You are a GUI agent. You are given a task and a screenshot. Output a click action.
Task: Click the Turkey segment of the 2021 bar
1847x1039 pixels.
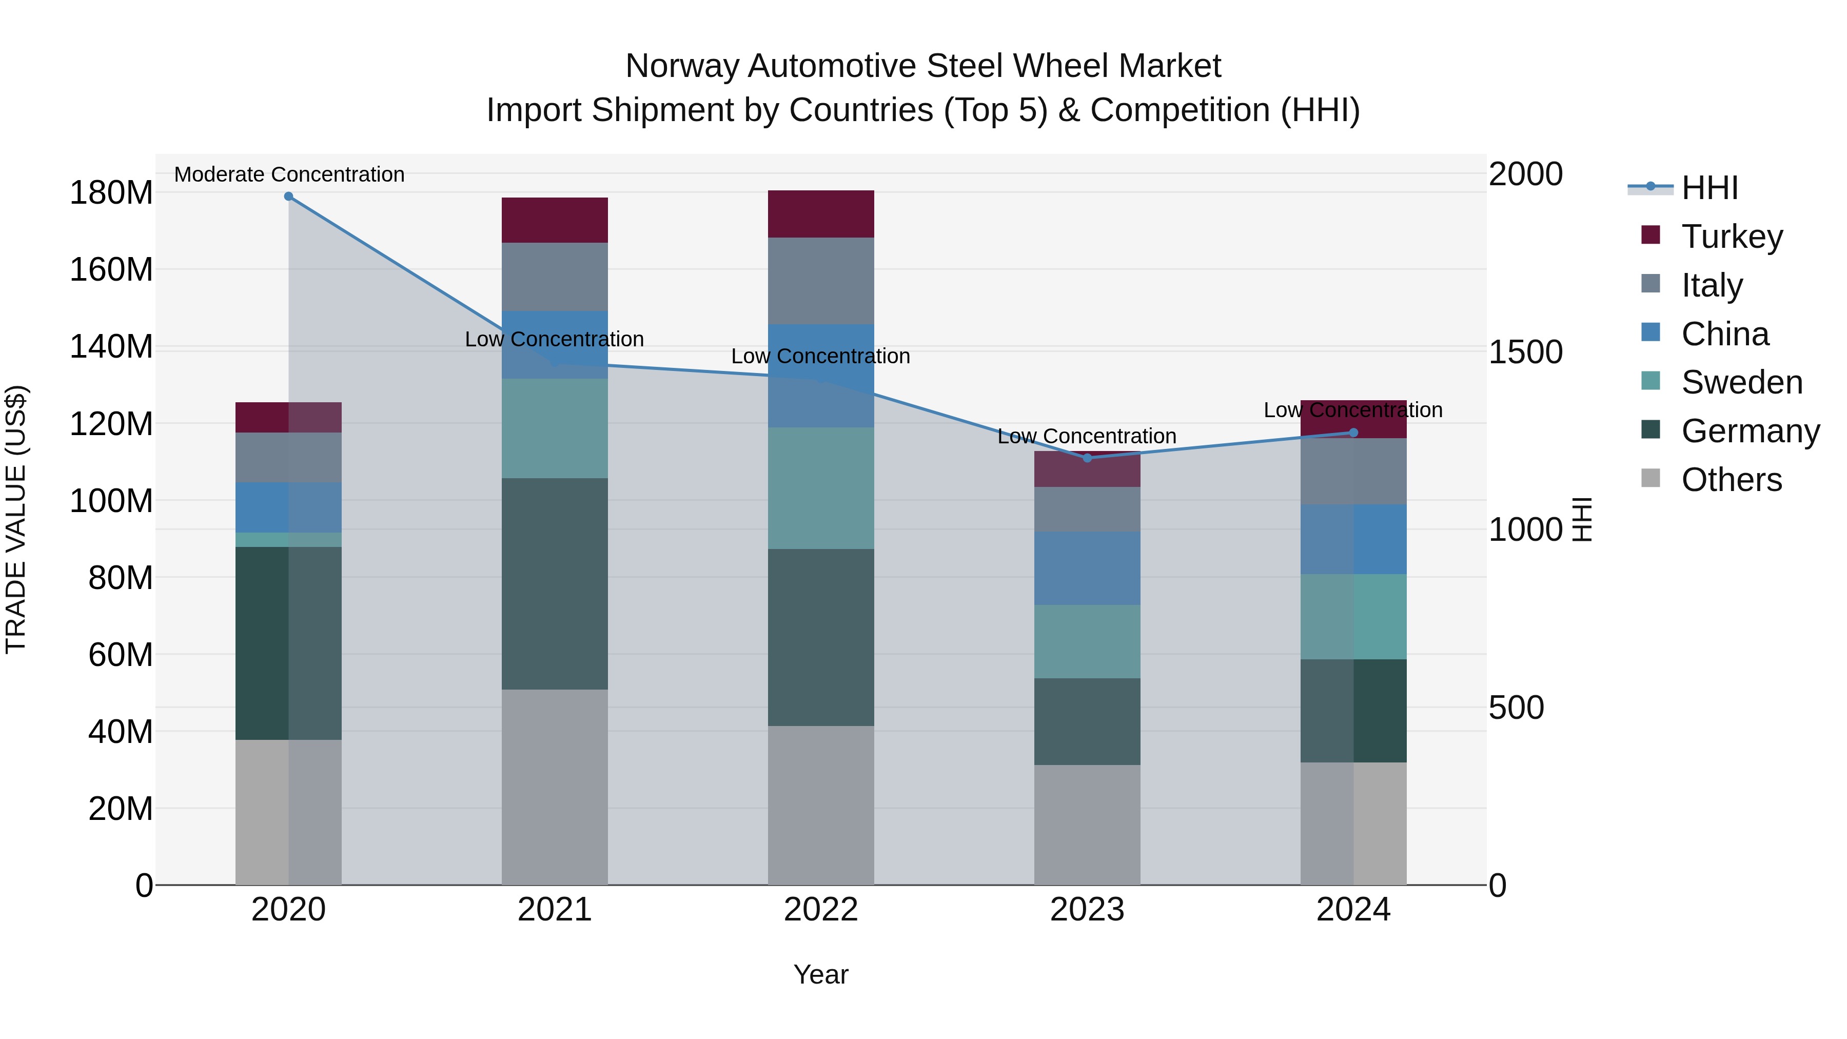tap(554, 220)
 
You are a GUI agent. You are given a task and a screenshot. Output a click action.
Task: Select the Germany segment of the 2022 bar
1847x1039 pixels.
tap(820, 637)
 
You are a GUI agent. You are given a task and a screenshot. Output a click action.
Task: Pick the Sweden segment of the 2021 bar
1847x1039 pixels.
tap(554, 427)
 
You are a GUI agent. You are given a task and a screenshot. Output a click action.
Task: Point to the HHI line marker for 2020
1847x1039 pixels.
tap(288, 196)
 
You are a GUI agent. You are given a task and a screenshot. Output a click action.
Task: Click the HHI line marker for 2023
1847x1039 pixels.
tap(1087, 458)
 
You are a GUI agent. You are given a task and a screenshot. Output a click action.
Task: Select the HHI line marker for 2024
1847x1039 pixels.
tap(1353, 433)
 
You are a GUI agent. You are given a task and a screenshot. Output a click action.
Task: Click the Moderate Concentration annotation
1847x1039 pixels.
tap(289, 174)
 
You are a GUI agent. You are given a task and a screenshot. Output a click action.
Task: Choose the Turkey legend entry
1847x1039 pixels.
tap(1732, 236)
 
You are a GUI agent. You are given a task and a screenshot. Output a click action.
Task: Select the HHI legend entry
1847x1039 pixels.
tap(1710, 188)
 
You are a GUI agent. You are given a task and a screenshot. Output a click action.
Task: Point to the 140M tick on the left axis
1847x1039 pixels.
tap(111, 346)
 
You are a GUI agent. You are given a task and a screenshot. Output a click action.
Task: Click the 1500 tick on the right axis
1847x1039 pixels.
tap(1525, 351)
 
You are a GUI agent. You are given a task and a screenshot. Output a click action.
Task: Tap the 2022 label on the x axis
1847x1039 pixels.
tap(820, 909)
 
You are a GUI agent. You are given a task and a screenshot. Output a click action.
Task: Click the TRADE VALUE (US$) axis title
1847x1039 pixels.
tap(16, 519)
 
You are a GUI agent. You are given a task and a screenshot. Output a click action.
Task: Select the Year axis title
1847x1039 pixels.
tap(820, 974)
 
